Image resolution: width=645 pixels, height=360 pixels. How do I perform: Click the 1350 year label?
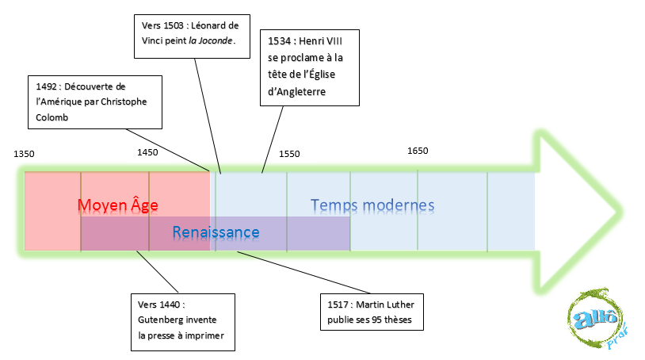pyautogui.click(x=25, y=154)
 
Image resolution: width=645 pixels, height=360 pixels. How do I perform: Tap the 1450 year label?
pyautogui.click(x=147, y=152)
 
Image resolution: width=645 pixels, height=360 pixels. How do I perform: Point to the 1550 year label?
pyautogui.click(x=289, y=154)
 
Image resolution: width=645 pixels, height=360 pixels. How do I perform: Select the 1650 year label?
pyautogui.click(x=418, y=151)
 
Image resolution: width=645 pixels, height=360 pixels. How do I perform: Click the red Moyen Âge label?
pyautogui.click(x=118, y=206)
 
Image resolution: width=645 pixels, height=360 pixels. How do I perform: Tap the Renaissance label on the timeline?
pyautogui.click(x=216, y=232)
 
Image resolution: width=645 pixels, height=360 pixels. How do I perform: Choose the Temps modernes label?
pyautogui.click(x=372, y=206)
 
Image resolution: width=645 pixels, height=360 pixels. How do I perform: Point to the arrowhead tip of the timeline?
pyautogui.click(x=616, y=212)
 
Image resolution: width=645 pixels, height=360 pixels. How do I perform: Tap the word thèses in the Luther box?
pyautogui.click(x=405, y=321)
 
